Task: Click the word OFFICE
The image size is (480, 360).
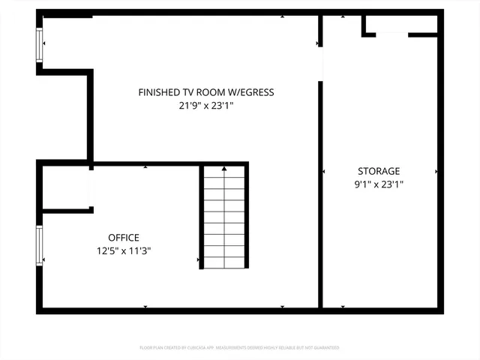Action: click(x=124, y=238)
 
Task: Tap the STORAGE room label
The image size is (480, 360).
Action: click(x=379, y=171)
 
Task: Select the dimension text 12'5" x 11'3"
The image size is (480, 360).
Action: click(x=124, y=251)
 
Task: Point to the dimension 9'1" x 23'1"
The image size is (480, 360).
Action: click(x=379, y=184)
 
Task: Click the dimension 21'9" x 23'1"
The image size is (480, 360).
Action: click(x=206, y=106)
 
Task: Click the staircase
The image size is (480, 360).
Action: click(x=224, y=217)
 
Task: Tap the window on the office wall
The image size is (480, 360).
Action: click(x=40, y=245)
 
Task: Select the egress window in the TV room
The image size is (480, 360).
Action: click(x=40, y=44)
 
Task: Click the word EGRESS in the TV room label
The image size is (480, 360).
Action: click(x=253, y=92)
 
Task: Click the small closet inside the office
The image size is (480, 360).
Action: click(x=65, y=187)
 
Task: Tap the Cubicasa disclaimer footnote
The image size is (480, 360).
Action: click(x=239, y=347)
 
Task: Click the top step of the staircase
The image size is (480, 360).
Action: click(x=224, y=172)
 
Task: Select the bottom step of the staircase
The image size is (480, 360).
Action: click(x=224, y=262)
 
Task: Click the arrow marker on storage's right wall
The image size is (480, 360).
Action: click(x=436, y=172)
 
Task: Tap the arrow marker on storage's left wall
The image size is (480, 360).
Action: click(x=324, y=172)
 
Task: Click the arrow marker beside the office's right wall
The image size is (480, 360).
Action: click(x=198, y=260)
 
